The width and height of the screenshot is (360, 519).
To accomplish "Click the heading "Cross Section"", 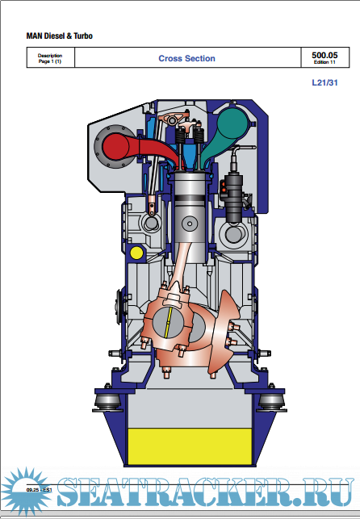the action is tap(186, 59).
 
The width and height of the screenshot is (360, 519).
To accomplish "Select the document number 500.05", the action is tap(324, 55).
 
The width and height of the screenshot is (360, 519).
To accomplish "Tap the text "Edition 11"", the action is tap(324, 62).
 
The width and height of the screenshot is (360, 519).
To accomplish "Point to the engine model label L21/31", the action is tap(325, 83).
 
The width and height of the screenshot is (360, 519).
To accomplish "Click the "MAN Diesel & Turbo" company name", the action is tap(60, 36).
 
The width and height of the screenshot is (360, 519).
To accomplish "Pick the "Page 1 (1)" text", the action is tap(50, 61).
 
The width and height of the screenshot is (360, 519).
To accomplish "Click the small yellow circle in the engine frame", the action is tap(136, 253).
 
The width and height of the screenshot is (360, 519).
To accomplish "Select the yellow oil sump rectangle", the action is tap(190, 446).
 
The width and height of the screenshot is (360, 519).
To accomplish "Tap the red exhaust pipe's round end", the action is tap(115, 147).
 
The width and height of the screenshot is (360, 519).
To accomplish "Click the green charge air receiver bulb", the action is tap(232, 124).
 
